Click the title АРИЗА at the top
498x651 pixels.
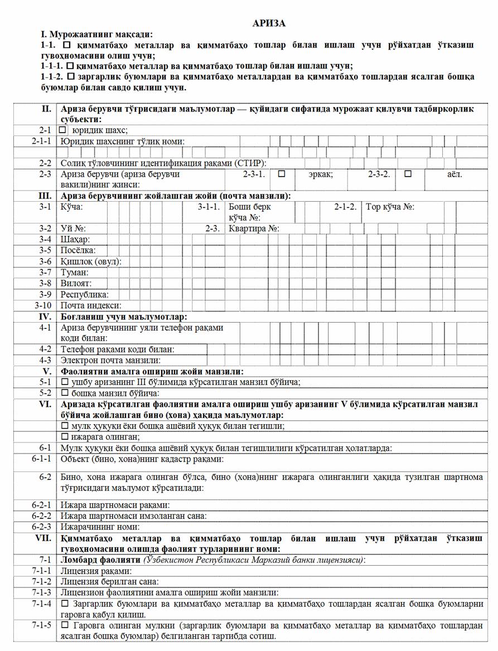(269, 23)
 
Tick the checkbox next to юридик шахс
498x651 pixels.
(63, 130)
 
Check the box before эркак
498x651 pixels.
(282, 174)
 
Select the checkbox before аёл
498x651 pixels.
(408, 174)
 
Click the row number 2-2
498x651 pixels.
(45, 163)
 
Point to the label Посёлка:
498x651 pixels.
(78, 250)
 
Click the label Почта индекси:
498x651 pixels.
(91, 305)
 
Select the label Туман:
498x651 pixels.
(75, 273)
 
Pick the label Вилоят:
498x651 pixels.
(76, 283)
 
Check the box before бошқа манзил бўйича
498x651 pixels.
(65, 393)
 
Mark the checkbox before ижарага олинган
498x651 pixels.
(65, 436)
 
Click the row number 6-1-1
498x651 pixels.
(42, 459)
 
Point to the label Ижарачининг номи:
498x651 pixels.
(100, 526)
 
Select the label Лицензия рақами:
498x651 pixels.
(96, 571)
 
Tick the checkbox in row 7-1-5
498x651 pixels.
(65, 626)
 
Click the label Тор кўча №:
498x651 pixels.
(390, 207)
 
